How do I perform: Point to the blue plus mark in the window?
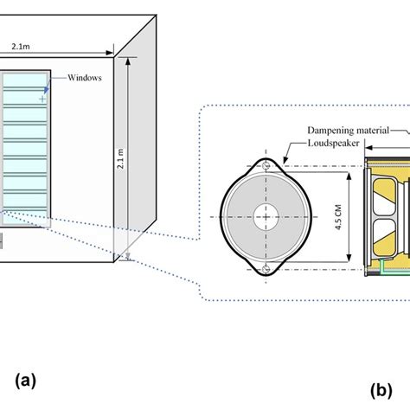pyautogui.click(x=42, y=100)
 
